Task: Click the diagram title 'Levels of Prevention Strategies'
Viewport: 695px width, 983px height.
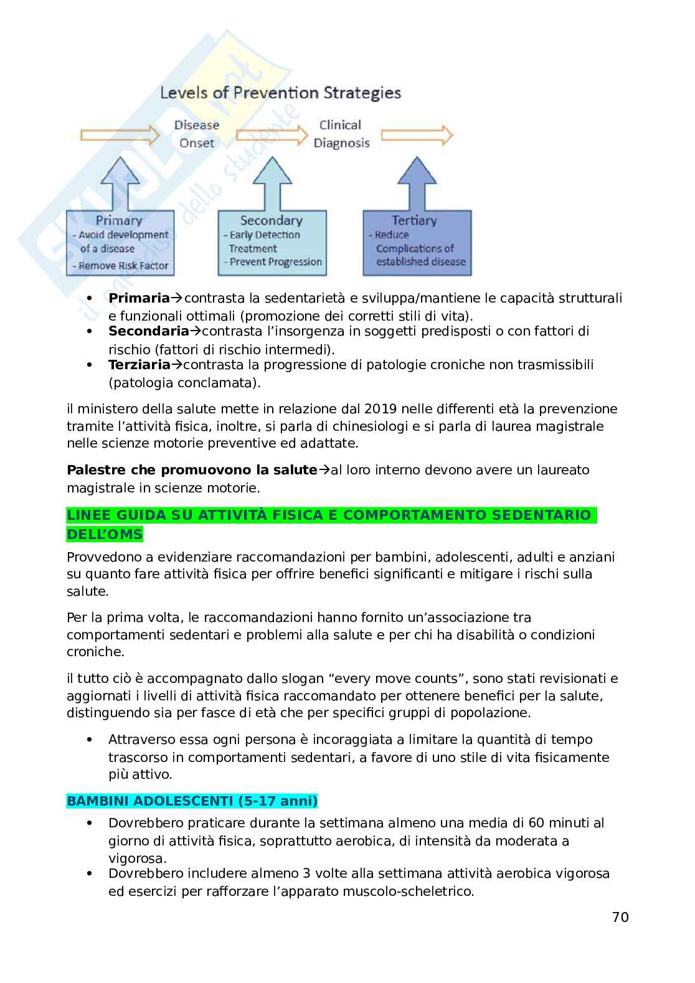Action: (281, 93)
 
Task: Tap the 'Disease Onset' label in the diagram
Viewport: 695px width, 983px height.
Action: (197, 133)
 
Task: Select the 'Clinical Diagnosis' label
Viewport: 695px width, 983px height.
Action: (341, 133)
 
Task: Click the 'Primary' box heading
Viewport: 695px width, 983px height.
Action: (118, 220)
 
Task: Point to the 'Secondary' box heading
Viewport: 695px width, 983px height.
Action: (271, 220)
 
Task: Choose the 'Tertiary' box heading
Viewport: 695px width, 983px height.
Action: (414, 220)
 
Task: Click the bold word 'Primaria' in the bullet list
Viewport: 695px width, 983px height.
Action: (138, 298)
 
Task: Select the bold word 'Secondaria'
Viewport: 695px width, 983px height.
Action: (148, 331)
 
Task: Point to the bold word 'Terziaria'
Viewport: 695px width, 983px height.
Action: (139, 364)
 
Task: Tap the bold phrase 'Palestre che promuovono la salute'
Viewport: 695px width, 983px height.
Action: (192, 469)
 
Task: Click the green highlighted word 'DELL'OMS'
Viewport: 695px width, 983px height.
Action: (105, 534)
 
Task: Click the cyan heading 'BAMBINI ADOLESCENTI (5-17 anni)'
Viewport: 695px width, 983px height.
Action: (192, 801)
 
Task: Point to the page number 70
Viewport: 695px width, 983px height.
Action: (620, 917)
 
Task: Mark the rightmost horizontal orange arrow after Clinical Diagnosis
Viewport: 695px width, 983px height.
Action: (416, 134)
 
